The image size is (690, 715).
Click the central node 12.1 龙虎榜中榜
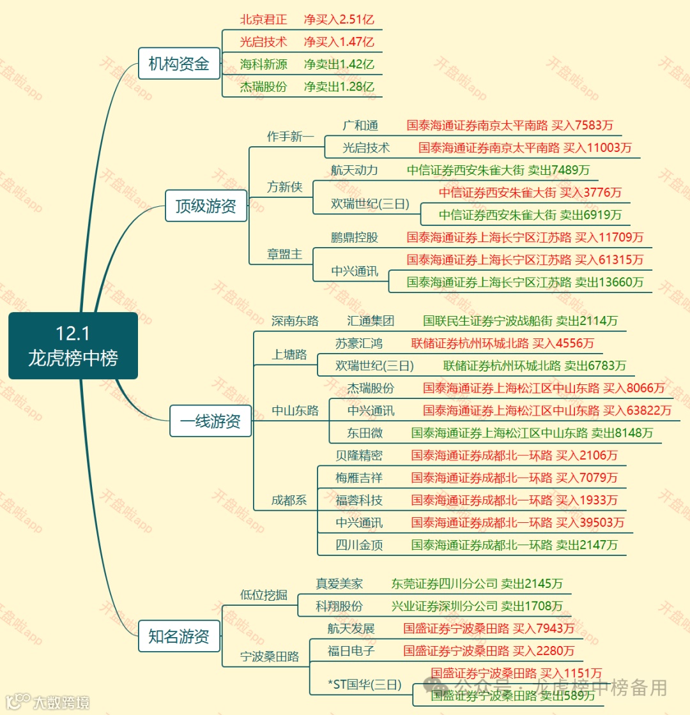(73, 345)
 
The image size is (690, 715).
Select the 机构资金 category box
(179, 64)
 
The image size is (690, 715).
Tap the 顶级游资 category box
(206, 206)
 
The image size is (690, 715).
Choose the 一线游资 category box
(210, 421)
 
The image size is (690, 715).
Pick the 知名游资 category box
(179, 636)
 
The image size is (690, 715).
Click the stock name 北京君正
(263, 19)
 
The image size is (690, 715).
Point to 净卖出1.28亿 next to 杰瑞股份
(339, 86)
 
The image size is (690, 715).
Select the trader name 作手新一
(291, 137)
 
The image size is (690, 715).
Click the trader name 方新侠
(284, 187)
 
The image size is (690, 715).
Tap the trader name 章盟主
(284, 253)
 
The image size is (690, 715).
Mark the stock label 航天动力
(355, 170)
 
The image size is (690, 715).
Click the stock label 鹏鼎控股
(355, 237)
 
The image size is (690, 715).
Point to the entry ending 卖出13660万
(525, 282)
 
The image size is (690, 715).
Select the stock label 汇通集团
(371, 320)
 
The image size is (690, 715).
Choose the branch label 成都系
(289, 500)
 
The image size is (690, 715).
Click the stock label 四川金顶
(359, 545)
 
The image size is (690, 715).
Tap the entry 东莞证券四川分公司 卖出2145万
(477, 583)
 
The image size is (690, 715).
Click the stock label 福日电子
(351, 651)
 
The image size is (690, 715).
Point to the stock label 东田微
(365, 433)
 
